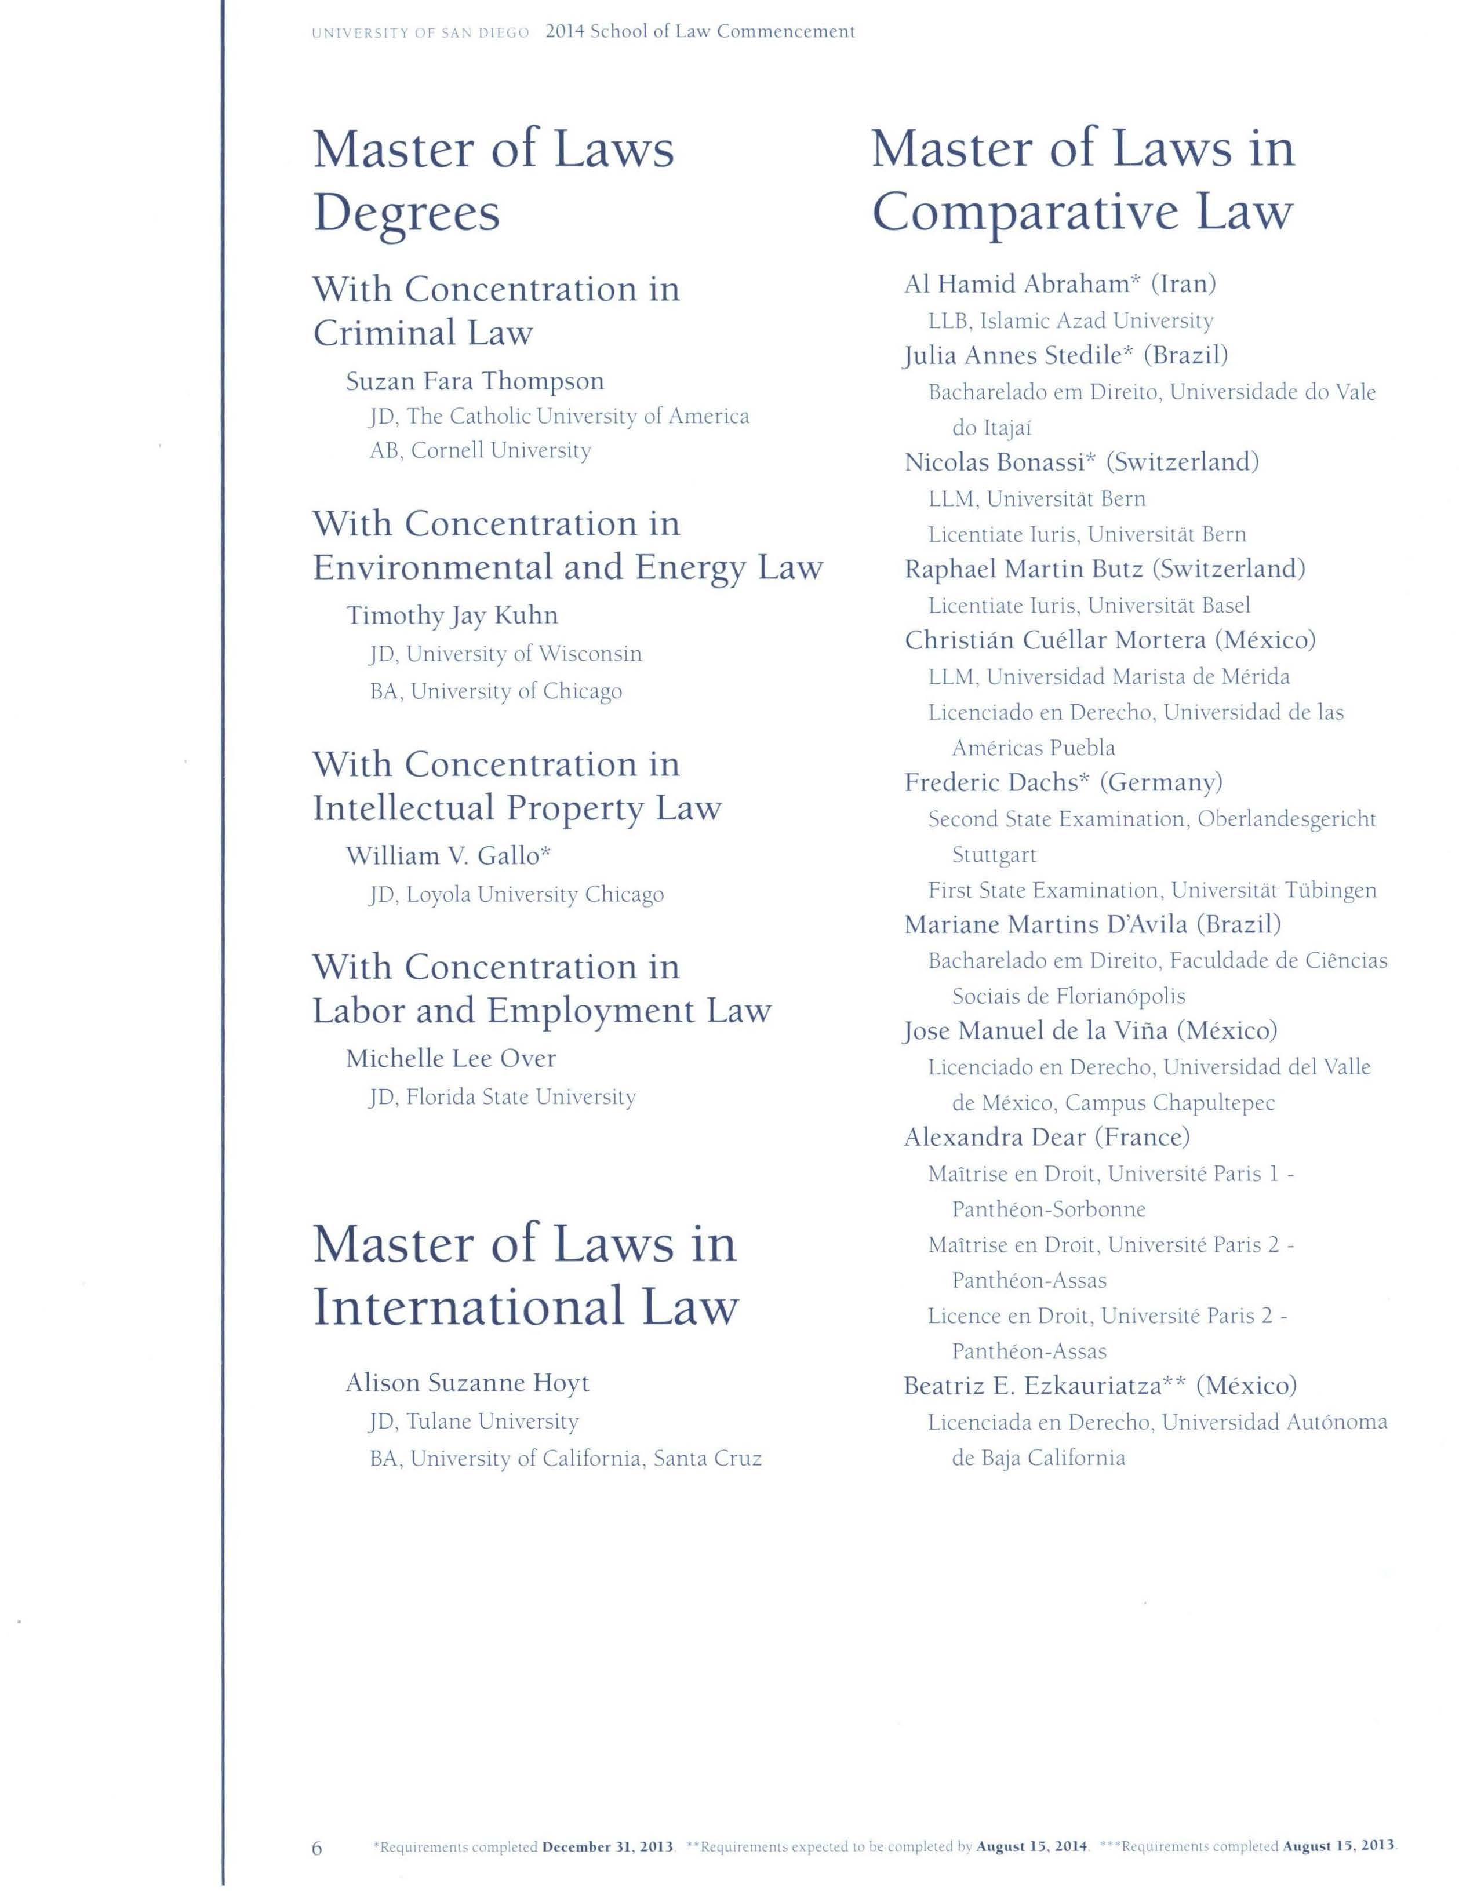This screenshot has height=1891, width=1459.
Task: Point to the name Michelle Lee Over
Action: [450, 1058]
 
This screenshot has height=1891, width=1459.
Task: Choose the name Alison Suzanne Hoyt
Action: [467, 1383]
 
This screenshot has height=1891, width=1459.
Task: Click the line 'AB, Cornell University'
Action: [480, 450]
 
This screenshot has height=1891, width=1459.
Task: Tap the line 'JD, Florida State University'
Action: [502, 1097]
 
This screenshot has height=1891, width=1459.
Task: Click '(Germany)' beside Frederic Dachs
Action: [1160, 783]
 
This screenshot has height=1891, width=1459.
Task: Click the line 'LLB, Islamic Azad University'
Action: [1070, 320]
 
